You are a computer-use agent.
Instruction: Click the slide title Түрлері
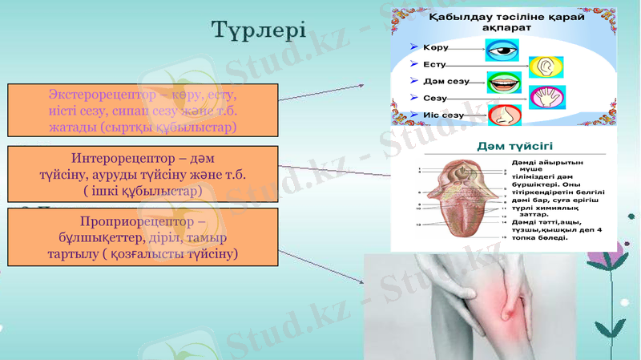(258, 30)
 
